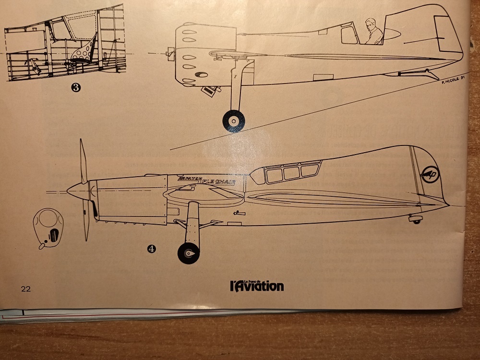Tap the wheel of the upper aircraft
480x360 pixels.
(234, 120)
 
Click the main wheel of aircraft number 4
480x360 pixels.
(188, 253)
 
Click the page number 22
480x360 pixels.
(25, 288)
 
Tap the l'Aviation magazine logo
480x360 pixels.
(256, 286)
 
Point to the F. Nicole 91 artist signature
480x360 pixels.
(453, 80)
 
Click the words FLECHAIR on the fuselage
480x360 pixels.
(223, 181)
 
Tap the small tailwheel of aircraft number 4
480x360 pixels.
(416, 220)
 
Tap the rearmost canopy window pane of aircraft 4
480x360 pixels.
(310, 169)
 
